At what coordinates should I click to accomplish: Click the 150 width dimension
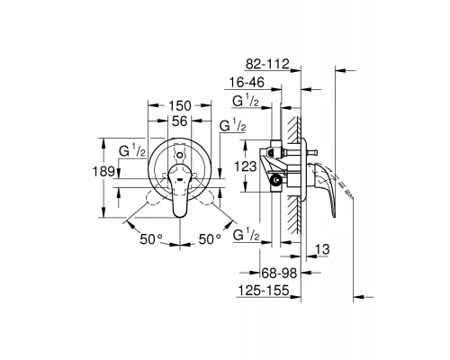tap(180, 105)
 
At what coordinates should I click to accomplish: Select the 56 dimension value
tap(180, 121)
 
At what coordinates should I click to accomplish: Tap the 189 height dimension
tap(103, 172)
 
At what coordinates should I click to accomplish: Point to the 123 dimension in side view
tap(246, 166)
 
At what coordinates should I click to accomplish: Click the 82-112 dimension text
tap(267, 64)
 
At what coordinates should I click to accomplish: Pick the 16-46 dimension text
tap(247, 82)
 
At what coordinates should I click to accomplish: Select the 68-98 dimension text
tap(279, 273)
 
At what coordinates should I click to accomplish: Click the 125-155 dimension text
tap(264, 291)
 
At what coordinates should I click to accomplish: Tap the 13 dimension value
tap(322, 249)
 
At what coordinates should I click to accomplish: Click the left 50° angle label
tap(151, 239)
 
